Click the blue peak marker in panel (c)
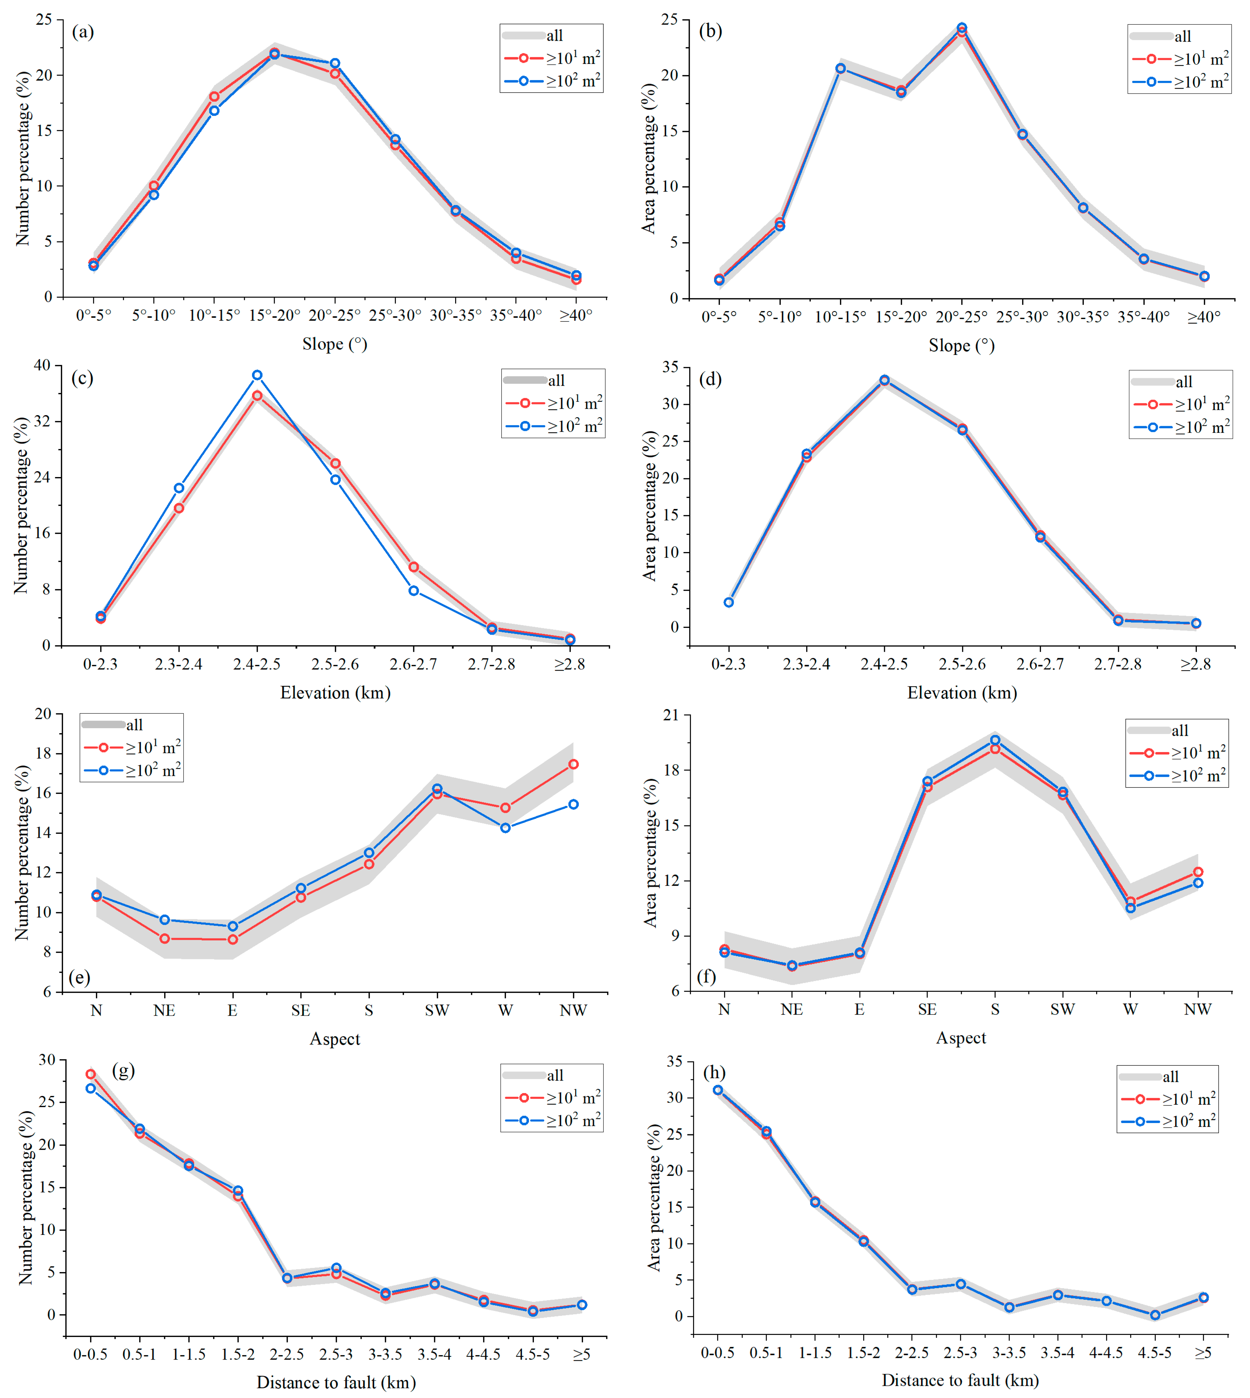(x=257, y=375)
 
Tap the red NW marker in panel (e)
(x=573, y=764)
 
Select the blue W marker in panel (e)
(x=505, y=828)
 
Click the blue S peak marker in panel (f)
(x=995, y=740)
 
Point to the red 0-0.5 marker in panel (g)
(x=91, y=1074)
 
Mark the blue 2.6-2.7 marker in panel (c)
(x=414, y=591)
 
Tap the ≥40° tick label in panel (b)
(x=1204, y=317)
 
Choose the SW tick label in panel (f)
(x=1063, y=1009)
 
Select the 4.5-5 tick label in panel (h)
(x=1155, y=1353)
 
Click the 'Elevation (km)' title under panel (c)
(x=335, y=692)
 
